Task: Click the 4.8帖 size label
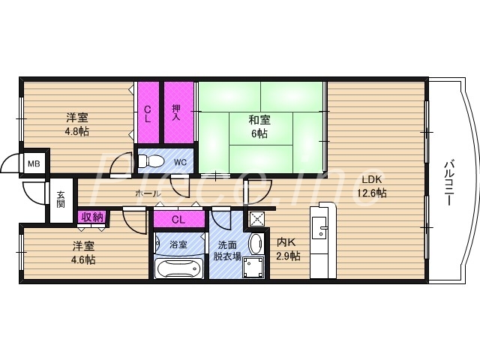pos(76,130)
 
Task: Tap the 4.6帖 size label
pos(83,259)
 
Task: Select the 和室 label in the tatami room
pos(259,120)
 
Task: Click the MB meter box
pos(34,163)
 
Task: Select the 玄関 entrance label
pos(61,200)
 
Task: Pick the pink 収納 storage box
pos(92,217)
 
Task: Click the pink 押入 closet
pos(176,112)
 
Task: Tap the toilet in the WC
pos(154,160)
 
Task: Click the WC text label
pos(180,161)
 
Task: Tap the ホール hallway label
pos(146,193)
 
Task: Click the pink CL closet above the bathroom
pos(178,220)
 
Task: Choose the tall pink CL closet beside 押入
pos(148,112)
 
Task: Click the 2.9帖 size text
pos(288,256)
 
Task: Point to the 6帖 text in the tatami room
pos(259,133)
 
